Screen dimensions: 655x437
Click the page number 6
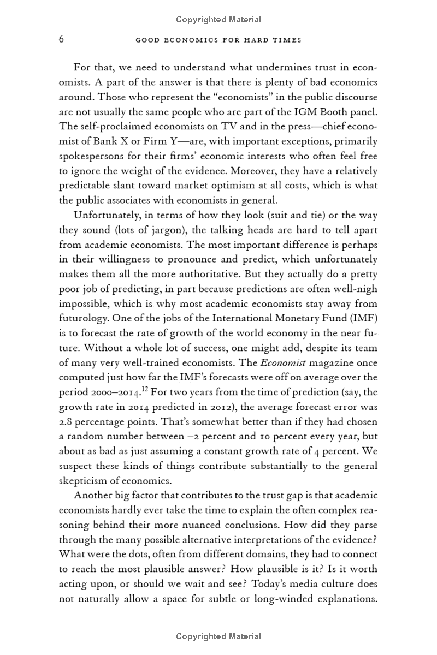click(62, 40)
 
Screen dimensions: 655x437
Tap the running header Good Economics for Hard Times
click(218, 40)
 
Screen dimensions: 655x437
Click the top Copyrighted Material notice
click(218, 20)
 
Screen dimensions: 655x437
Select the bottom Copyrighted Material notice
click(218, 636)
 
